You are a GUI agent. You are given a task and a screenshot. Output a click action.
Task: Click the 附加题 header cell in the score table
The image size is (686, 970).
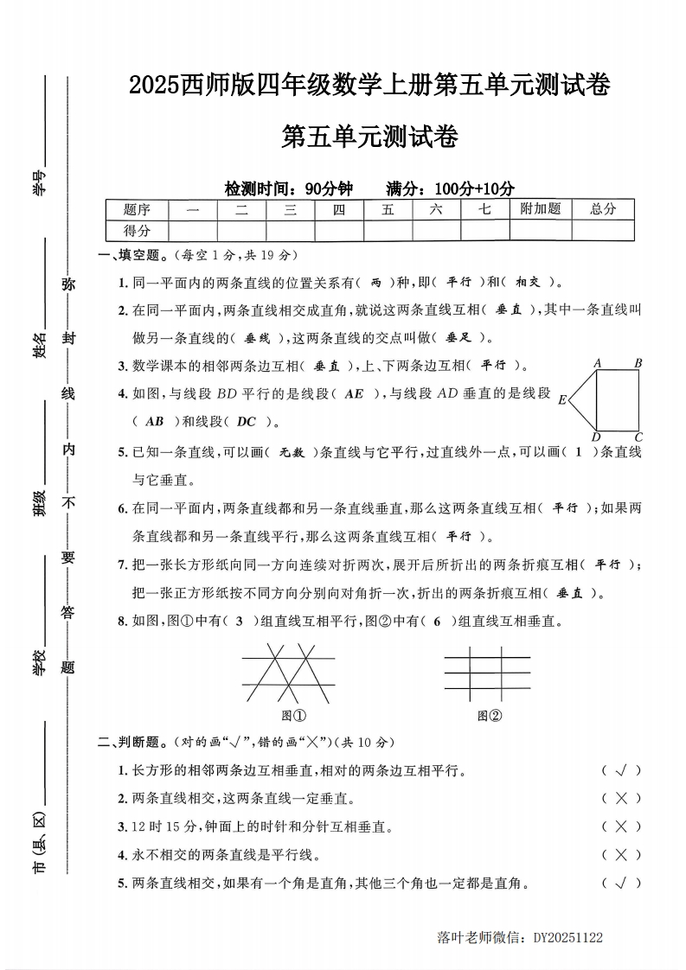(x=540, y=209)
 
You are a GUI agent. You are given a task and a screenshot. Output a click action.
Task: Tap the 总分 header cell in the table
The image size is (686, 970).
(x=602, y=209)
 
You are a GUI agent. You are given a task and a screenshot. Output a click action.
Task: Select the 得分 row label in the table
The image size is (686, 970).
(x=137, y=231)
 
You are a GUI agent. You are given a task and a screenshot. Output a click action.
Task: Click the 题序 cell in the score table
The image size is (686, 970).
(x=137, y=209)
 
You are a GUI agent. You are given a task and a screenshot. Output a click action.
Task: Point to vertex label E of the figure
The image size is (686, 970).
(x=562, y=399)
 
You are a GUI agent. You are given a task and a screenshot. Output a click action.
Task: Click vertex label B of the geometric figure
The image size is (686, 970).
(x=638, y=364)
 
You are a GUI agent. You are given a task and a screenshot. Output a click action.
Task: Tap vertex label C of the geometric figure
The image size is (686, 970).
(x=638, y=437)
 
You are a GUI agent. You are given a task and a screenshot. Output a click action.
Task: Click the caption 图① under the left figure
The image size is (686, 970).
(x=295, y=715)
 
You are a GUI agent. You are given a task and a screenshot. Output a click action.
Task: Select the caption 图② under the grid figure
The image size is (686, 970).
(x=490, y=715)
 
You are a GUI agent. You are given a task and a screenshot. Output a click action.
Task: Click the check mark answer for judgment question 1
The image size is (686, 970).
(x=620, y=770)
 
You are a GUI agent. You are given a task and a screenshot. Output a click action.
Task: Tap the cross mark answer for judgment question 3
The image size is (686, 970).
(x=620, y=826)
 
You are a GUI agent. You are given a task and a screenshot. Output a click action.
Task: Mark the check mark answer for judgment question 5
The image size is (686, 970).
(x=620, y=883)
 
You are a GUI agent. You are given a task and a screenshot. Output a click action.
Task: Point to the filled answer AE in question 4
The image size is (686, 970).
(x=354, y=394)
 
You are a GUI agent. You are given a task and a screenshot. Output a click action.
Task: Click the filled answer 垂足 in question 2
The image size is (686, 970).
(x=458, y=338)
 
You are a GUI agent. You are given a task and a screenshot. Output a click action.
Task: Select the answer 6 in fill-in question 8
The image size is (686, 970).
(x=438, y=621)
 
